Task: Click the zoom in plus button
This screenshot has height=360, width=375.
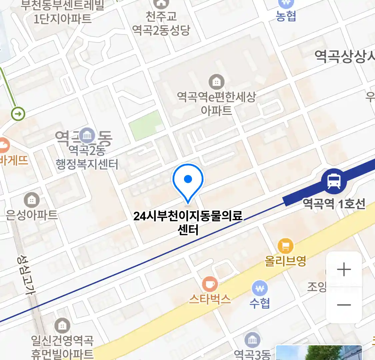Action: [x=344, y=269]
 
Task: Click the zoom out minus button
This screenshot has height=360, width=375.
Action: [x=344, y=305]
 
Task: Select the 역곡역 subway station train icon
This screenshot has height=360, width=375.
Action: [x=334, y=181]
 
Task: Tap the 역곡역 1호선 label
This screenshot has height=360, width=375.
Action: [x=334, y=203]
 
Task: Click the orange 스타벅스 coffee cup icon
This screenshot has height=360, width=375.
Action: [x=210, y=284]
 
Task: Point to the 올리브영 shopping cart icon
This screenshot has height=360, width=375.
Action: [x=285, y=246]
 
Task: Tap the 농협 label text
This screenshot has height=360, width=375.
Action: [x=286, y=16]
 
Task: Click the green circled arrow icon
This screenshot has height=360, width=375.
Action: [x=18, y=114]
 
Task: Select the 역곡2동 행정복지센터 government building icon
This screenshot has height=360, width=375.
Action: [x=87, y=135]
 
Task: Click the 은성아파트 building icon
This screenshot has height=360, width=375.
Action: [x=32, y=200]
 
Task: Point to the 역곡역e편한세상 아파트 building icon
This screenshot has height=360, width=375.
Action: [x=216, y=81]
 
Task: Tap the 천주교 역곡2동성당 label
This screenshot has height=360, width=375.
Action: [x=161, y=23]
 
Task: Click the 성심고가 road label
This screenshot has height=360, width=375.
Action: [x=27, y=275]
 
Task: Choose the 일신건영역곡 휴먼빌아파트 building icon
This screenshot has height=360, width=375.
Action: [x=62, y=325]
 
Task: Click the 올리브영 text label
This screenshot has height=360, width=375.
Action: [x=285, y=261]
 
